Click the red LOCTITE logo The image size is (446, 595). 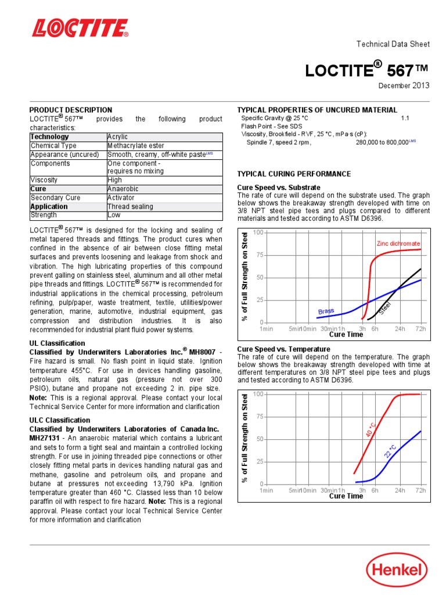click(80, 28)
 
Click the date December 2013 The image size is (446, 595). click(404, 85)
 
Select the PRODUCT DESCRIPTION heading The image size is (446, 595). click(71, 110)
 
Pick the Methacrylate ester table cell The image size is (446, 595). click(136, 146)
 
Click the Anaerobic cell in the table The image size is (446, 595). click(123, 189)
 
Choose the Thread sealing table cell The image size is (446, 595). click(130, 206)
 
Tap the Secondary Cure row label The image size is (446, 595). click(56, 198)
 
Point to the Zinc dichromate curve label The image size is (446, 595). click(398, 243)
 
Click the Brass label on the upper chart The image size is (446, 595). click(326, 311)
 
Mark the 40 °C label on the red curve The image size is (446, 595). click(371, 430)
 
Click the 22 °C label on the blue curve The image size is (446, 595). click(390, 451)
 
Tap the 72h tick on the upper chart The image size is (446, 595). click(420, 329)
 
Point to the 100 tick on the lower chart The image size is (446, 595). click(258, 394)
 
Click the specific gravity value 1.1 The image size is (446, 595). click(405, 118)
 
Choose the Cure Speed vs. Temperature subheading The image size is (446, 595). click(284, 349)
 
